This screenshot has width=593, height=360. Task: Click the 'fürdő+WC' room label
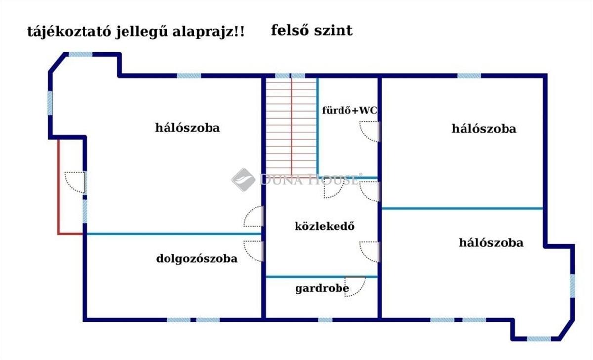pos(349,110)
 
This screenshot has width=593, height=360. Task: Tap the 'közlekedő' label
pos(325,226)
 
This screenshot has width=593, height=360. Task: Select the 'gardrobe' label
pos(322,288)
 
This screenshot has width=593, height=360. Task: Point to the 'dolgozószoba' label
pos(197,258)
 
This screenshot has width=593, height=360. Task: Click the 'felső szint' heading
pos(312,30)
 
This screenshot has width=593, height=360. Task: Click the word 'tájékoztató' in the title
pos(62,32)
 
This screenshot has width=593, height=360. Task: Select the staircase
pos(291,126)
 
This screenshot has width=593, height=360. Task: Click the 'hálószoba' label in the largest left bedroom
pos(187,128)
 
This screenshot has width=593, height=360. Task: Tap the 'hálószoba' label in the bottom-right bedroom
pos(491,242)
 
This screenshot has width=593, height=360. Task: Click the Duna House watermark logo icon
pos(243,179)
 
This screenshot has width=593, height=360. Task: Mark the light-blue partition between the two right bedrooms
pos(462,208)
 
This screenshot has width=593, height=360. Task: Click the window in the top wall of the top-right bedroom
pos(468,76)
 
